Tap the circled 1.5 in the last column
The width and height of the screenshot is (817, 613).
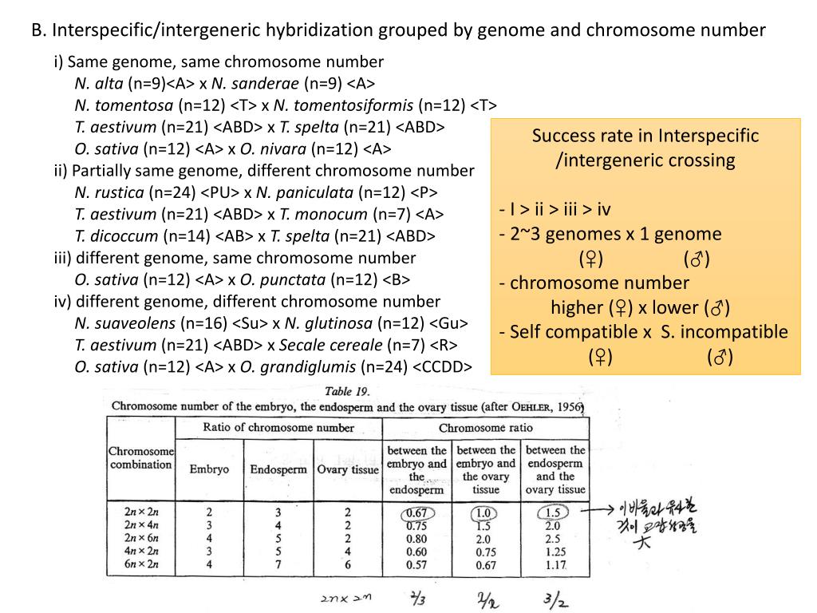(x=552, y=512)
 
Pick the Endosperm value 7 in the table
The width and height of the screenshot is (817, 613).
(x=276, y=565)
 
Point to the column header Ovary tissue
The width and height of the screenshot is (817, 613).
(x=347, y=469)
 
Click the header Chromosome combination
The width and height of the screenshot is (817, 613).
(x=140, y=457)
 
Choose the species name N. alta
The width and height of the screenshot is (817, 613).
(x=99, y=83)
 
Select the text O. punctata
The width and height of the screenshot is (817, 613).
(x=283, y=280)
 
